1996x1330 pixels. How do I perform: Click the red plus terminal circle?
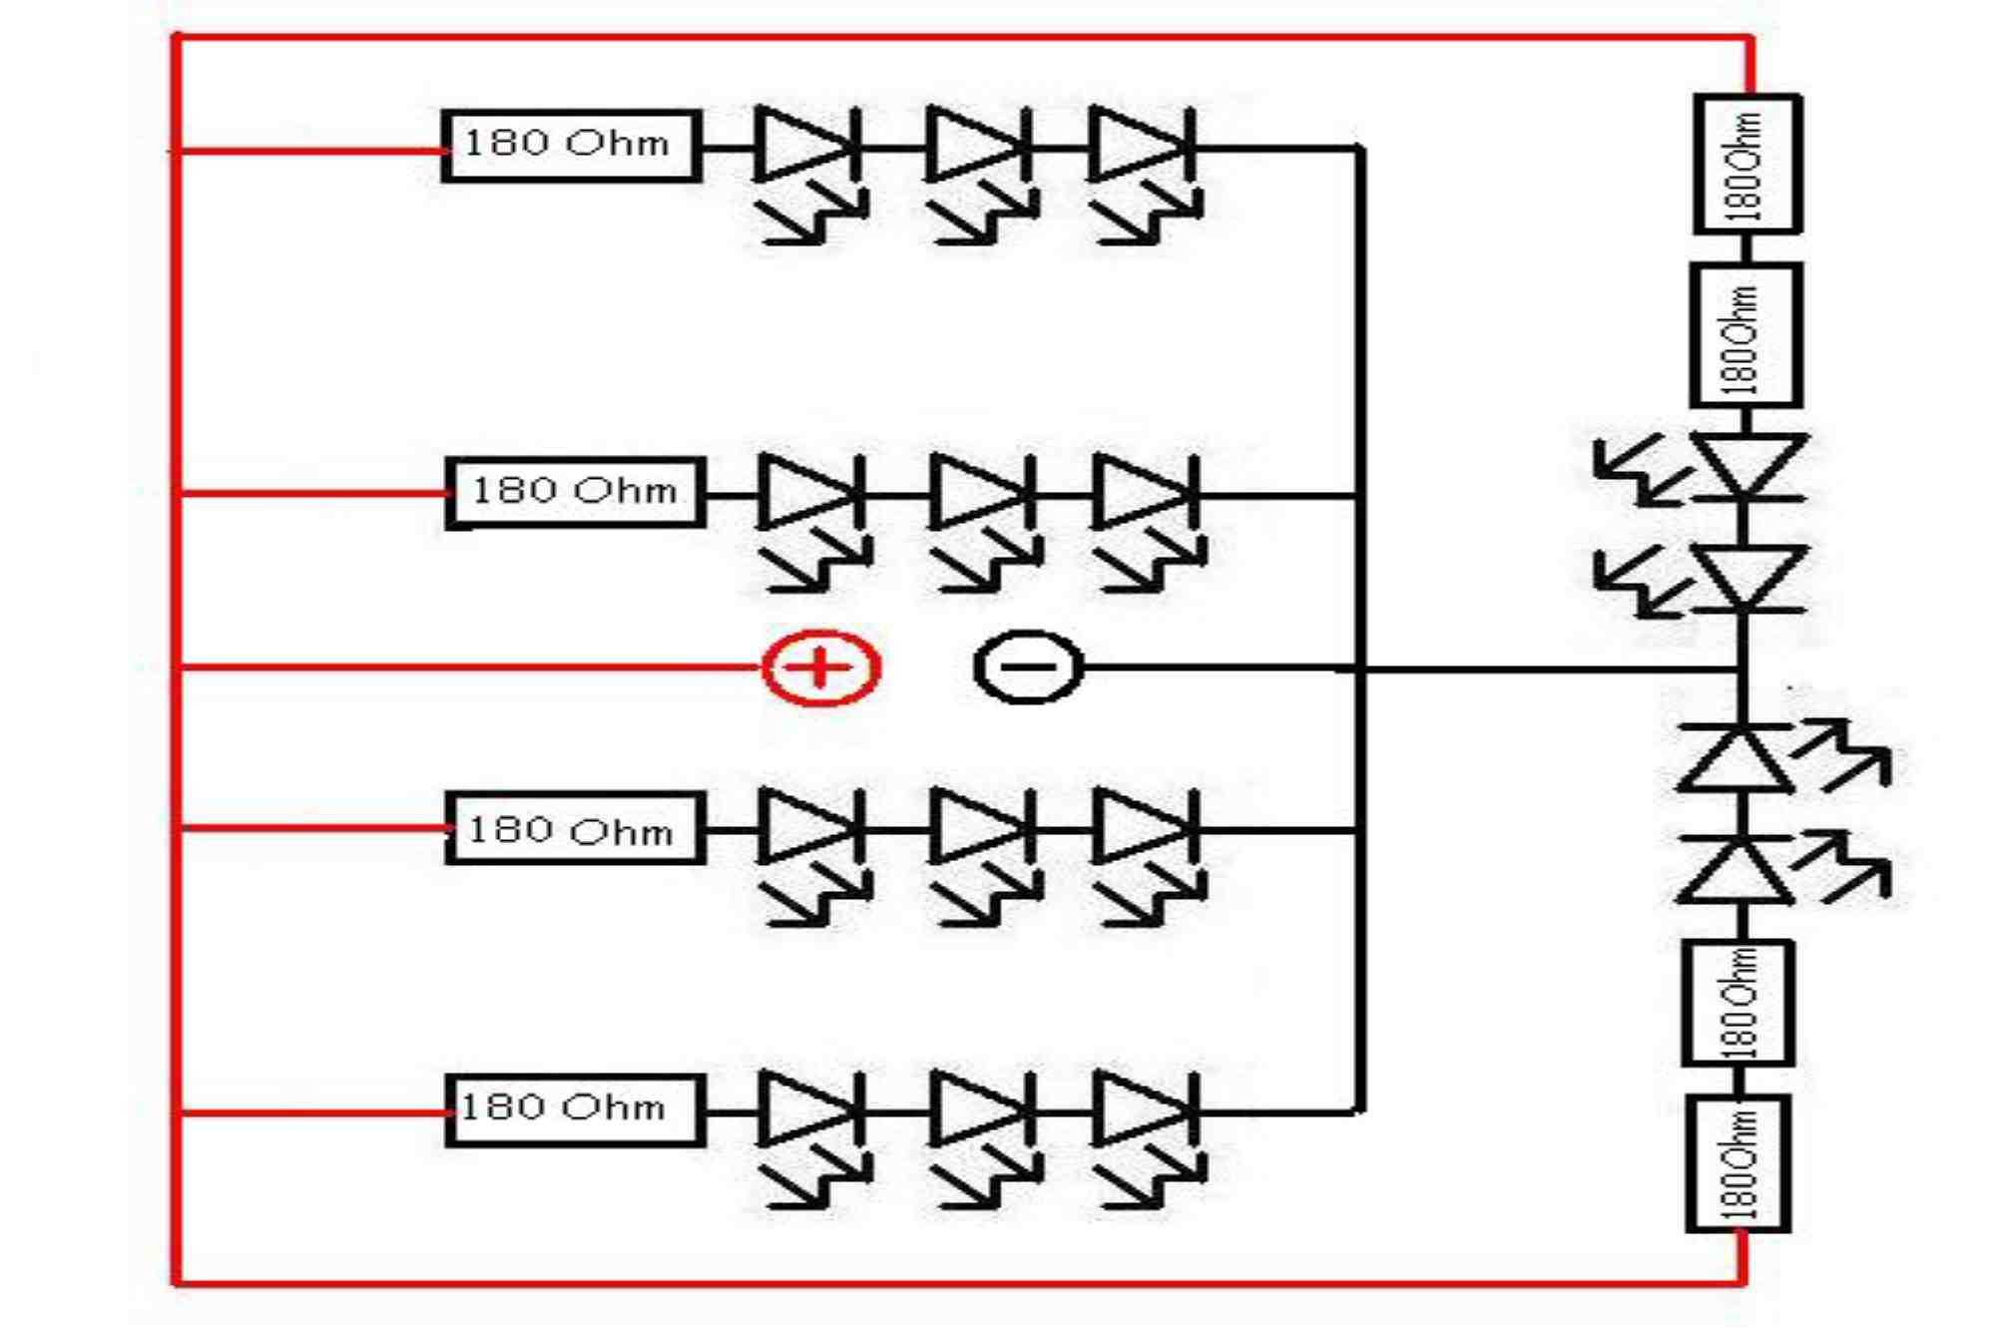tap(820, 667)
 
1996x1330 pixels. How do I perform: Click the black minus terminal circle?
tap(1028, 667)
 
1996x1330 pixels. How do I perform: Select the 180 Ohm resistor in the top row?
tap(571, 146)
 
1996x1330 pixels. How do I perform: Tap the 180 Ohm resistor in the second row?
tap(575, 492)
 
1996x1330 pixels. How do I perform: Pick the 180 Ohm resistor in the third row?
tap(575, 828)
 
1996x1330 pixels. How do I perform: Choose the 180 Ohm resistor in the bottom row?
tap(575, 1110)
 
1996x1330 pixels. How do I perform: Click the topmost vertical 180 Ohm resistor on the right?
tap(1747, 165)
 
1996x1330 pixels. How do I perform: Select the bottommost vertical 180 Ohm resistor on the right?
tap(1738, 1163)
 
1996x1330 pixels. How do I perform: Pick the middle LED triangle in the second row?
tap(975, 493)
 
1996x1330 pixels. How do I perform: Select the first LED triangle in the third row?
tap(804, 828)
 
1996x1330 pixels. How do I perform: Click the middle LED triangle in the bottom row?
tap(975, 1110)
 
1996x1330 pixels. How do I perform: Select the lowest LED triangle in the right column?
tap(1736, 870)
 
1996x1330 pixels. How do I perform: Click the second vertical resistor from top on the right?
tap(1746, 335)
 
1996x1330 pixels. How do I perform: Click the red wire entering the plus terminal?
tap(469, 666)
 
